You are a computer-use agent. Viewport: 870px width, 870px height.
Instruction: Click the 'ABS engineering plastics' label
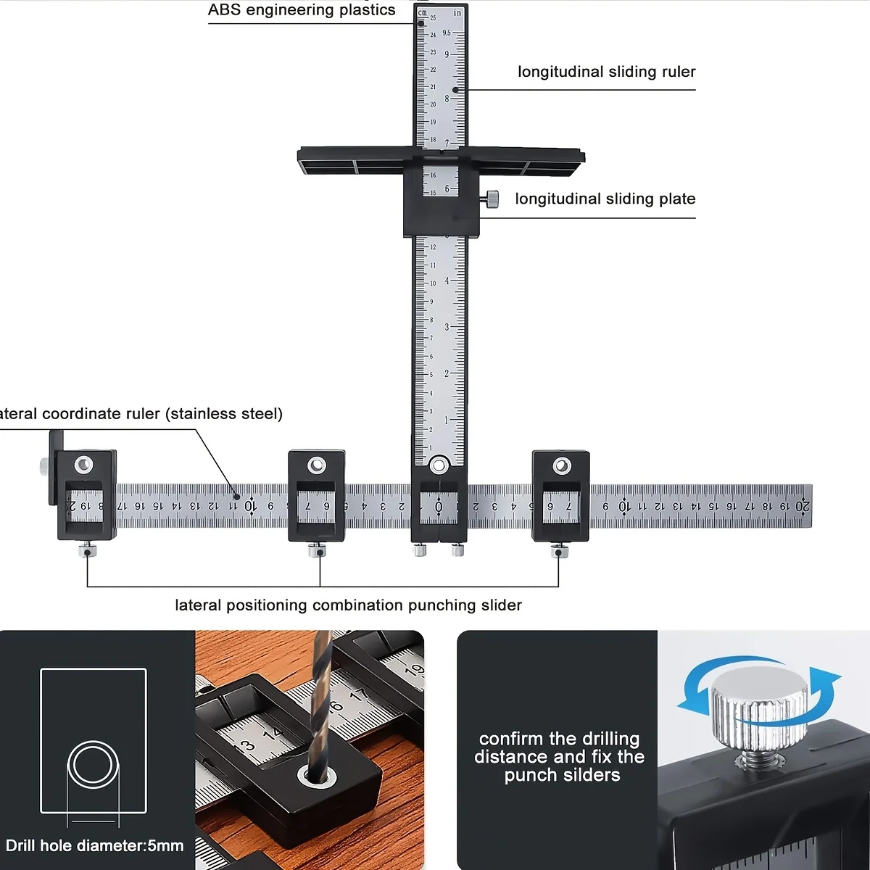[302, 10]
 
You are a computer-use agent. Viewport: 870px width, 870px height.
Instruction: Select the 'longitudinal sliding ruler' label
[606, 72]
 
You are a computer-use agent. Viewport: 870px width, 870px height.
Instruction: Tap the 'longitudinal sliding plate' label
[605, 199]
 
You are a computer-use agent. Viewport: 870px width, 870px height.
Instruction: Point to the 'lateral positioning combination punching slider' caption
[348, 605]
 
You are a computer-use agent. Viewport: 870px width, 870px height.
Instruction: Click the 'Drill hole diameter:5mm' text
[94, 845]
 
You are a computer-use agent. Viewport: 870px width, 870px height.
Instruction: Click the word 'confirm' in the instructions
[512, 739]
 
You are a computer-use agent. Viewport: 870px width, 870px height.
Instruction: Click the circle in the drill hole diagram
[93, 764]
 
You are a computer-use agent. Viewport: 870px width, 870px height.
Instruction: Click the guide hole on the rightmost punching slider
[562, 465]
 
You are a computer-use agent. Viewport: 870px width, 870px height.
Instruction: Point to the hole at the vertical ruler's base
[439, 465]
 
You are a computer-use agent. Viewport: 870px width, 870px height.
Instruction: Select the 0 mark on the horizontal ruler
[439, 506]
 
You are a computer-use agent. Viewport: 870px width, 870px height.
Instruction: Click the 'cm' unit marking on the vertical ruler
[423, 12]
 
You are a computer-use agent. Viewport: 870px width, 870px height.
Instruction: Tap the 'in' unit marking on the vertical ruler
[457, 12]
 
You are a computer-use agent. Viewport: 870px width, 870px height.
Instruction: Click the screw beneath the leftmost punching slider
[87, 551]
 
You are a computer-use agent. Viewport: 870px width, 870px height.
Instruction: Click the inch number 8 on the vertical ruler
[447, 99]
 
